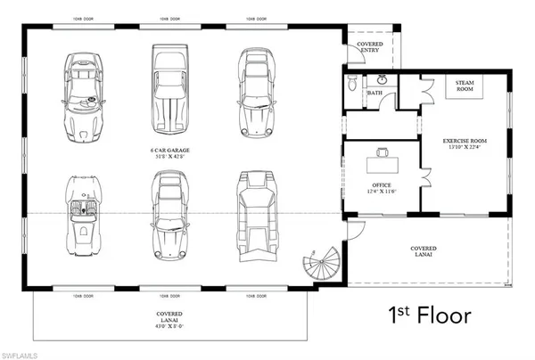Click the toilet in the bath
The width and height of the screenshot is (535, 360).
(x=354, y=85)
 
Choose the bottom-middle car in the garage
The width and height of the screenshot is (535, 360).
(x=169, y=214)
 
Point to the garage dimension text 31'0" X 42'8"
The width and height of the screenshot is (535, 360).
(x=170, y=157)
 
